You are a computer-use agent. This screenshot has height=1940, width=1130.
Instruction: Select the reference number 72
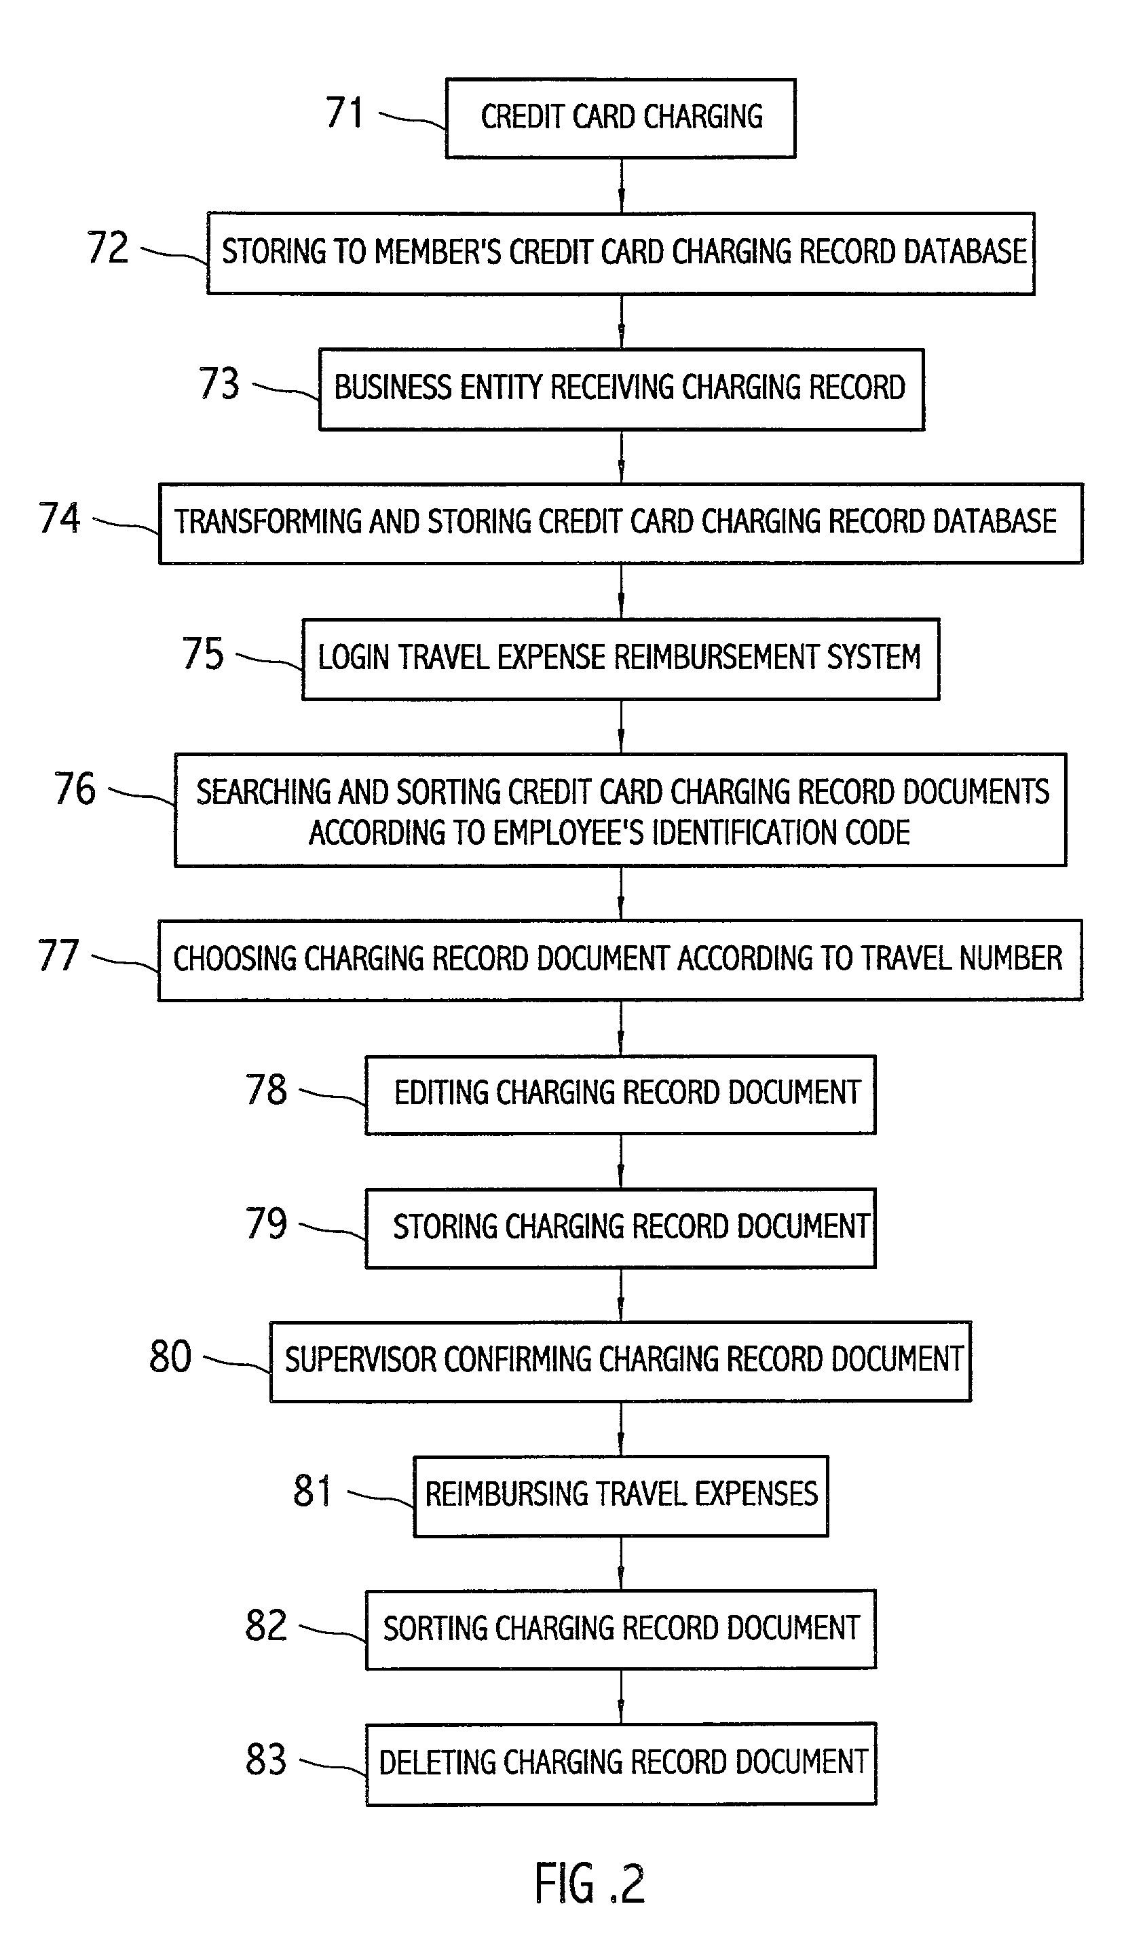(x=108, y=248)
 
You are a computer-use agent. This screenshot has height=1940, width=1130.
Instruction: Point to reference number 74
(x=59, y=518)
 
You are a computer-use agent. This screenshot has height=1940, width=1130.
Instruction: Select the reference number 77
(x=58, y=955)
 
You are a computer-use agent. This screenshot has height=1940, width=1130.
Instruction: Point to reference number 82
(x=265, y=1626)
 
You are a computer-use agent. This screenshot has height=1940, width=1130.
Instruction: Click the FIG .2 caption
(x=590, y=1883)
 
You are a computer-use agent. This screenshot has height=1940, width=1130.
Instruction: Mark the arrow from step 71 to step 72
(x=621, y=185)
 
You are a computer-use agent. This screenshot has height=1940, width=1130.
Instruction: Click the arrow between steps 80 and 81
(x=621, y=1429)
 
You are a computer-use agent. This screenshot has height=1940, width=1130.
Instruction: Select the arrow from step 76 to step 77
(x=621, y=893)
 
